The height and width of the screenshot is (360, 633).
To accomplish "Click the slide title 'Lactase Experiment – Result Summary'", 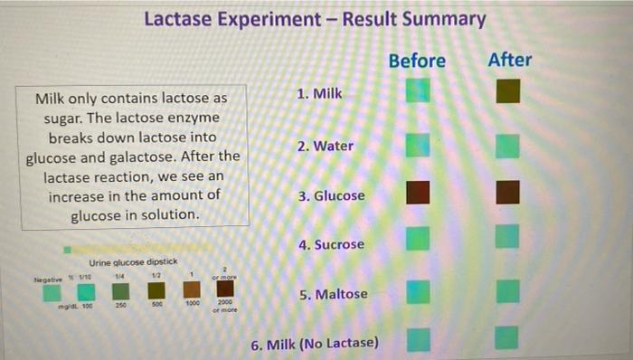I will click(x=315, y=19).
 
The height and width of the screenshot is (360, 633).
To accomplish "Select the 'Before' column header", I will click(x=417, y=61).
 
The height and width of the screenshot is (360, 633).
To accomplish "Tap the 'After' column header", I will click(x=509, y=60).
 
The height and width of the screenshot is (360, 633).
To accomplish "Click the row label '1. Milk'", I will click(x=320, y=93).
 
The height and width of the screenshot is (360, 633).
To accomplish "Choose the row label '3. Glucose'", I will click(x=332, y=195).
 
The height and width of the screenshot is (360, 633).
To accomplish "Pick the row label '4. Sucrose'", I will click(x=331, y=244).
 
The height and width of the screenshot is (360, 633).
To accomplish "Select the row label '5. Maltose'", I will click(x=333, y=294).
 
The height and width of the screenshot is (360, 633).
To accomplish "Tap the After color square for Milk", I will click(x=508, y=91).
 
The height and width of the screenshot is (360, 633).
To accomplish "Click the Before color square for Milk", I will click(x=417, y=91).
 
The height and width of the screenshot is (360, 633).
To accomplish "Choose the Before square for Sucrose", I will click(x=417, y=239).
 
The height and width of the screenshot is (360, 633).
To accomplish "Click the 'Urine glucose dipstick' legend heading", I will click(x=132, y=262).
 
